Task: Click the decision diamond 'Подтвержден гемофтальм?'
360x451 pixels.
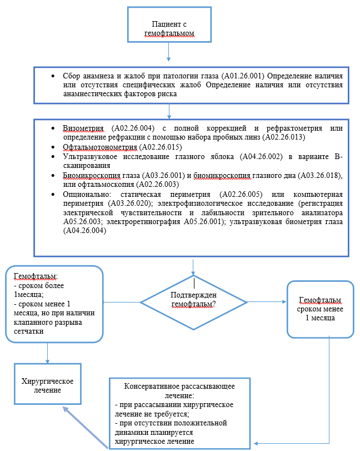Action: click(193, 301)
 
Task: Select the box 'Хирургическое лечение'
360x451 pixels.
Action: click(48, 385)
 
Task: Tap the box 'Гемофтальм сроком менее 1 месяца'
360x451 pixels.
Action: click(321, 309)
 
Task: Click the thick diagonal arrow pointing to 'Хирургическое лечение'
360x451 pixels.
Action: click(83, 426)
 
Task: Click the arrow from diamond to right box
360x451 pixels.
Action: click(267, 301)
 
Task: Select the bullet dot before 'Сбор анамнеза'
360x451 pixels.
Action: click(52, 75)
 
